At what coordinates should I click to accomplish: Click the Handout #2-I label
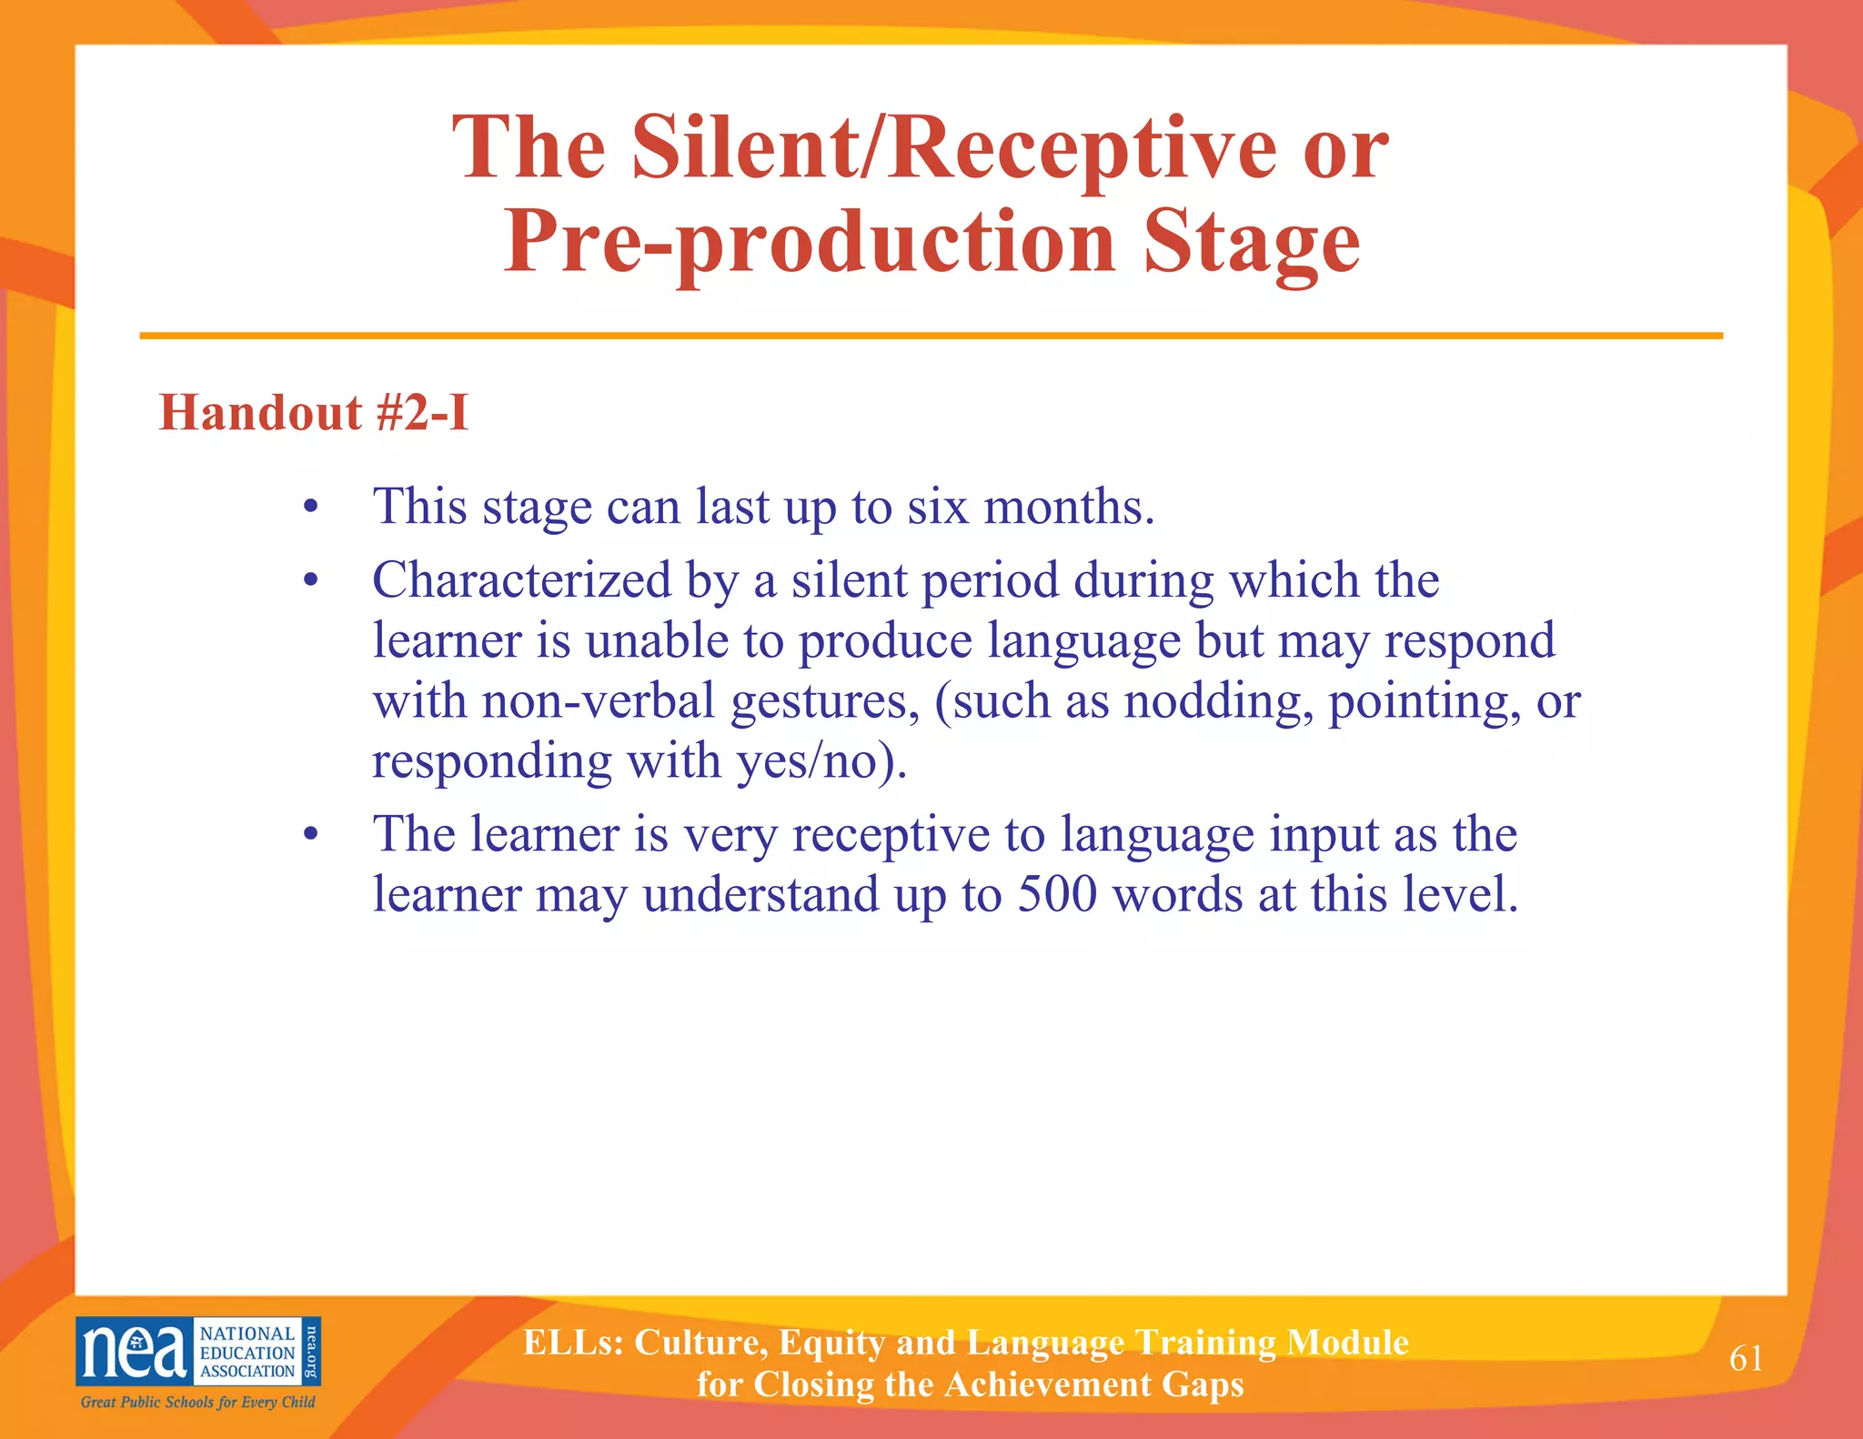[314, 413]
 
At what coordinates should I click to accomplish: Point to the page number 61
[1746, 1358]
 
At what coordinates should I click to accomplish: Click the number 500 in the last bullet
[1057, 894]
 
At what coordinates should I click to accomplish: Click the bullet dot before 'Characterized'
[311, 581]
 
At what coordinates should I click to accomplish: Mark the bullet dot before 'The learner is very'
[311, 835]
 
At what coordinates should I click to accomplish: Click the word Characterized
[522, 580]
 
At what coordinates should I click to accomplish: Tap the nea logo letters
[134, 1352]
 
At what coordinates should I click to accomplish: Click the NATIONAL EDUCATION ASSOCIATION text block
[247, 1352]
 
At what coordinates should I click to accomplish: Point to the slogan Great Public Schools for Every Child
[197, 1402]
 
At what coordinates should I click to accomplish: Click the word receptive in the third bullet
[891, 835]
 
